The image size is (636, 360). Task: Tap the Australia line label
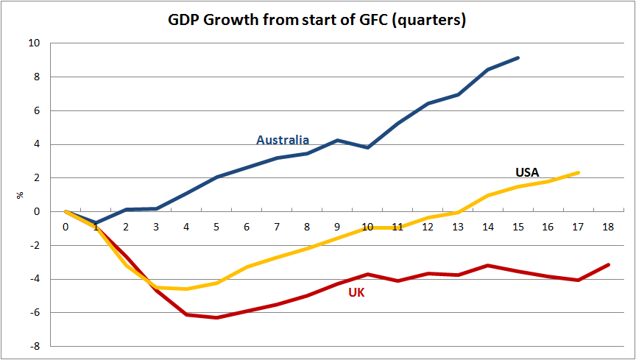[283, 140]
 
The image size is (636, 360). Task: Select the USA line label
[527, 172]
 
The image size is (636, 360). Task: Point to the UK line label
[356, 292]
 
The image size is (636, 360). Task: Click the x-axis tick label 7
[277, 227]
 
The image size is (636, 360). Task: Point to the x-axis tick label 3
[156, 227]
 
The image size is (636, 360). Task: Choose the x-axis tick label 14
[487, 227]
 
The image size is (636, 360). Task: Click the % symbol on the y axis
[20, 195]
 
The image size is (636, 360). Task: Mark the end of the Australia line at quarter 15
[518, 57]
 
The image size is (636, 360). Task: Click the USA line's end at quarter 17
[578, 172]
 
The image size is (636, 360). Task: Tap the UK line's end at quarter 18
[608, 264]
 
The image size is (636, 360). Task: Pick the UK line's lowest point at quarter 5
[216, 317]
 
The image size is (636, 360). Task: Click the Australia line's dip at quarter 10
[367, 147]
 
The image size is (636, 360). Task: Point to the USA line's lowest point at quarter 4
[186, 289]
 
